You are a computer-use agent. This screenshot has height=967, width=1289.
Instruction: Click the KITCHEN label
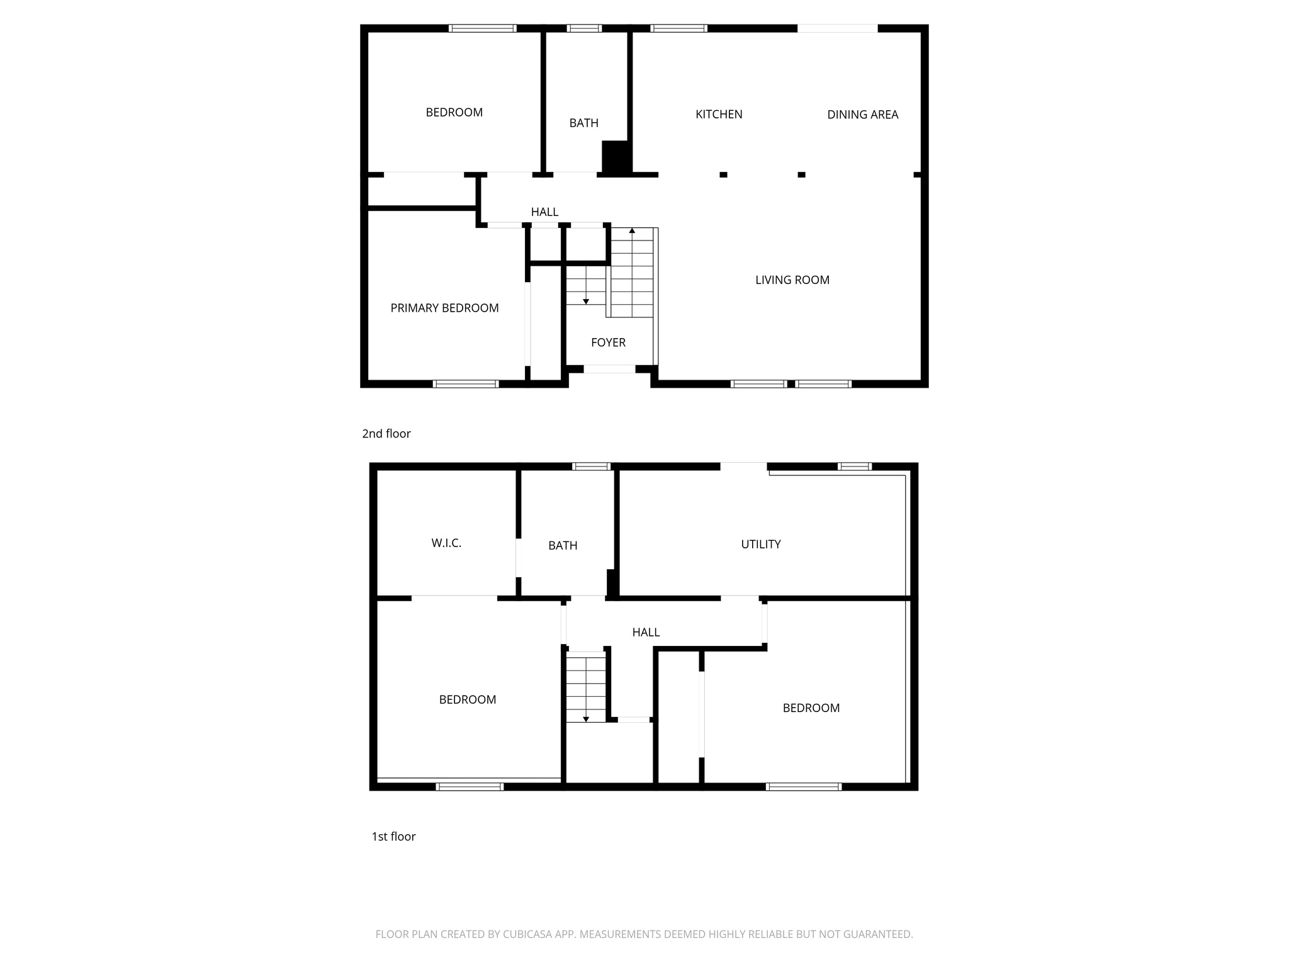(x=719, y=114)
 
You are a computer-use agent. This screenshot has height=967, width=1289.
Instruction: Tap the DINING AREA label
(x=862, y=115)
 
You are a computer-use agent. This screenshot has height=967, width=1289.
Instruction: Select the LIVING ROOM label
(x=792, y=280)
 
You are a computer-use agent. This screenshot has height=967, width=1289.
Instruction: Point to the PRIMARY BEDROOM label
(x=444, y=308)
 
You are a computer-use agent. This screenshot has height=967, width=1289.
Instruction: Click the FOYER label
(x=608, y=342)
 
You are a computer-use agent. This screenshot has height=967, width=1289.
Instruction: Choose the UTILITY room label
(x=760, y=544)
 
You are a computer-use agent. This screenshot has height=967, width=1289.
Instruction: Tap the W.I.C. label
(x=446, y=543)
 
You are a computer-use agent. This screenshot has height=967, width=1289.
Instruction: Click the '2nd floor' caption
(x=386, y=434)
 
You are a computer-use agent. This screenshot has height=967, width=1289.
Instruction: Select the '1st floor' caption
(x=393, y=836)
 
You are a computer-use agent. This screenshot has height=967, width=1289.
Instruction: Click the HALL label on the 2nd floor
(x=544, y=212)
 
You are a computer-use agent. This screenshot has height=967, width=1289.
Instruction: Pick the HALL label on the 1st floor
(x=646, y=632)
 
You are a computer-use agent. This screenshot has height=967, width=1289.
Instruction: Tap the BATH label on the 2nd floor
(x=583, y=123)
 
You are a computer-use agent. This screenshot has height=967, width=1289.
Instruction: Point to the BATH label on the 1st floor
(x=563, y=545)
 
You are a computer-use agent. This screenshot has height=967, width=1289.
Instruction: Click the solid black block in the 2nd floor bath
(x=616, y=157)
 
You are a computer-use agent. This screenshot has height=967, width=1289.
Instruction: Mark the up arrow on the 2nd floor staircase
(x=632, y=231)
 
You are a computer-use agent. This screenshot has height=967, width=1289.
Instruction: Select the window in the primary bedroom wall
(x=466, y=383)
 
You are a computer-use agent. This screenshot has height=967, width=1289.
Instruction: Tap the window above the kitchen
(x=678, y=28)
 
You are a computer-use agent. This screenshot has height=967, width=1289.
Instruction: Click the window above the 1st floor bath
(x=591, y=467)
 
